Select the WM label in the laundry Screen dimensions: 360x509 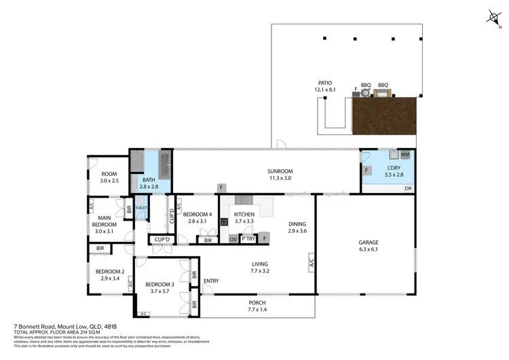pos(405,155)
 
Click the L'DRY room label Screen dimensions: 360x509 pos(394,168)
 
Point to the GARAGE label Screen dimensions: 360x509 pos(369,242)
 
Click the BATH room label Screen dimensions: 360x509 pos(149,180)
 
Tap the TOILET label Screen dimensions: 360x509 pos(141,208)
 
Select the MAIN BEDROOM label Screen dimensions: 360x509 pos(105,220)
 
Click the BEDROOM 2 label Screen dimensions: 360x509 pos(107,271)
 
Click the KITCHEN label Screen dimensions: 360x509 pos(244,215)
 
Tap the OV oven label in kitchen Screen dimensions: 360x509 pos(233,238)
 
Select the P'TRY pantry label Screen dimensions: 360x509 pos(248,238)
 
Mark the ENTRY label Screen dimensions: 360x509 pos(211,281)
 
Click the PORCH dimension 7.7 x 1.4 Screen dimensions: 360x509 pos(257,309)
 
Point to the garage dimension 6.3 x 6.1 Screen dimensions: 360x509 pos(369,249)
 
